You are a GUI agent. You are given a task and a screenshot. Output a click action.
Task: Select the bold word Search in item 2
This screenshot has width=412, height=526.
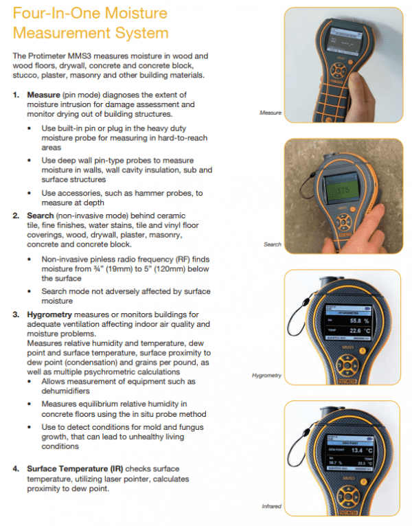(x=39, y=216)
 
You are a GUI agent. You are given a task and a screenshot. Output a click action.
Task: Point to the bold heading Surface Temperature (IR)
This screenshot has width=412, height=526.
(x=75, y=469)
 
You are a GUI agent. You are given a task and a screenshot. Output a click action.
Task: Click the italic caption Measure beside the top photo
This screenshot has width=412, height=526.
(x=271, y=112)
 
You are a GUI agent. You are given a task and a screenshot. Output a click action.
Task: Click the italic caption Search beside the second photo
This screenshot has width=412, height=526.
(x=273, y=244)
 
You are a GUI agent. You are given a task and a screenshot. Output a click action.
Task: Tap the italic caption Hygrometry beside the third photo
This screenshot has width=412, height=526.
(x=266, y=376)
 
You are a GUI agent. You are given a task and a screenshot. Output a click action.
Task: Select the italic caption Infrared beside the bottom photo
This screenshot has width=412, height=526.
(x=271, y=507)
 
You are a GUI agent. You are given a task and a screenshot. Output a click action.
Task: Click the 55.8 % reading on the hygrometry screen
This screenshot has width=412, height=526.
(x=354, y=320)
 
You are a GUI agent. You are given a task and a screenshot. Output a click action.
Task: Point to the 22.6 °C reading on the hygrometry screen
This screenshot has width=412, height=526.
(x=354, y=331)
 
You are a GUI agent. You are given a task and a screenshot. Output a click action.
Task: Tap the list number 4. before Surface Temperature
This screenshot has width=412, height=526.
(x=16, y=469)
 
